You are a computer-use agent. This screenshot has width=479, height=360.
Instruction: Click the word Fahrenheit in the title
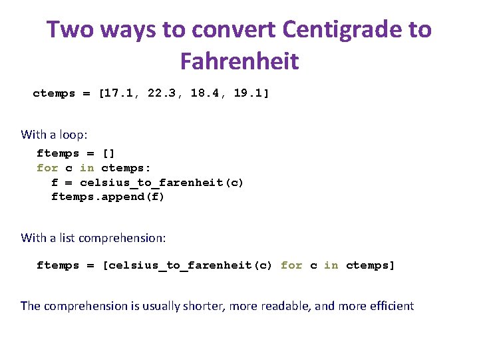239,61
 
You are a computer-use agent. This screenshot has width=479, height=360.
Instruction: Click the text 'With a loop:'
54,134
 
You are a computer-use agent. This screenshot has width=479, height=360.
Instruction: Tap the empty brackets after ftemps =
108,153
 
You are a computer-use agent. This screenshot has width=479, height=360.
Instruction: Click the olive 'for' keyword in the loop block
47,168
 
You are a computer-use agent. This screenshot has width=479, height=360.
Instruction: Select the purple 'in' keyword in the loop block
87,168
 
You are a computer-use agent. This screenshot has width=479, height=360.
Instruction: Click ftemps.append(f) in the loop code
108,197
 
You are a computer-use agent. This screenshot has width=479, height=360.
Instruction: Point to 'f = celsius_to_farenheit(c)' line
148,182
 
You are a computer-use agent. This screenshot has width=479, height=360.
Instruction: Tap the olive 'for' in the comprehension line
291,265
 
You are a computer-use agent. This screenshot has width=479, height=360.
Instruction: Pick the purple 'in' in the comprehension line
331,265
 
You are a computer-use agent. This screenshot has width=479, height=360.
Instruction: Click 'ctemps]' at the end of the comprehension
371,265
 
